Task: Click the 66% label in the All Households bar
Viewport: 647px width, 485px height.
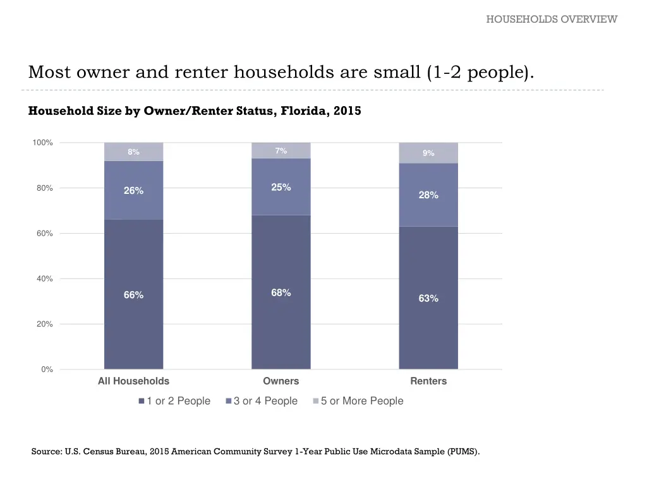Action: tap(133, 295)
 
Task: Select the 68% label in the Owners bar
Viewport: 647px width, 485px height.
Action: tap(281, 292)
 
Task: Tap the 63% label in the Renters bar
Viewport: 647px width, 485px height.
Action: tap(428, 298)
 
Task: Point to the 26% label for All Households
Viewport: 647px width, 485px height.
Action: tap(133, 191)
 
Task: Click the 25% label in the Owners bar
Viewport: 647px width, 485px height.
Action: tap(281, 187)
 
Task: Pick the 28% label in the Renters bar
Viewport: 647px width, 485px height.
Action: tap(428, 195)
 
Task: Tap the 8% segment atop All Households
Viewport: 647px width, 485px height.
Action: tap(133, 152)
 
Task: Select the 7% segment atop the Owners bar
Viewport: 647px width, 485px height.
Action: tap(281, 150)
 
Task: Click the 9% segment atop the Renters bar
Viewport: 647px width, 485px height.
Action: tap(428, 153)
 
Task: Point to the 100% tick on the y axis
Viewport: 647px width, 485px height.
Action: tap(43, 143)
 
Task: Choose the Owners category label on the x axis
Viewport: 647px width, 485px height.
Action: tap(281, 381)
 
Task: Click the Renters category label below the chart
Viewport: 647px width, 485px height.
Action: tap(428, 381)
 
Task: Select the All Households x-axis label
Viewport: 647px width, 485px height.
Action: tap(133, 381)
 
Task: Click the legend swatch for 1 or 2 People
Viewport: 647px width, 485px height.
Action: tap(142, 401)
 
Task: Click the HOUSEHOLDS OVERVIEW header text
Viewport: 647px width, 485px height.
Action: tap(551, 19)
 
